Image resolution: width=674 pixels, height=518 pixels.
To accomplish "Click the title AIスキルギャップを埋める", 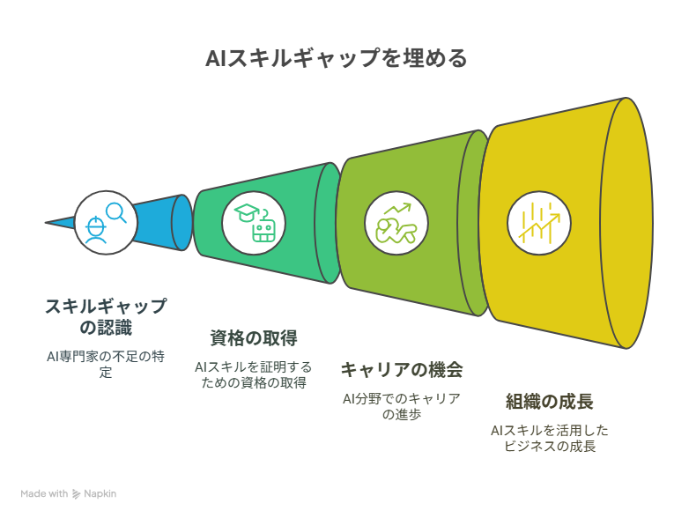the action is pyautogui.click(x=337, y=58).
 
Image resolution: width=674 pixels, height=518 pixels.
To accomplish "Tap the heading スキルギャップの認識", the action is pyautogui.click(x=106, y=317).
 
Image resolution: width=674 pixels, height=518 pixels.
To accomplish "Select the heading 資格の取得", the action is pyautogui.click(x=254, y=338).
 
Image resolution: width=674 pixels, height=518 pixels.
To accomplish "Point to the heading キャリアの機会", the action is pyautogui.click(x=402, y=370).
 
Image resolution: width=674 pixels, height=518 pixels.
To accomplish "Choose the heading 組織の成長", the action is pyautogui.click(x=550, y=402).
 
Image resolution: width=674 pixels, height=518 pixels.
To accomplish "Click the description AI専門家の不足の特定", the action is pyautogui.click(x=106, y=364).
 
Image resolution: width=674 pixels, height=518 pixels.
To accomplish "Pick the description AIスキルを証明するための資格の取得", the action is pyautogui.click(x=254, y=375).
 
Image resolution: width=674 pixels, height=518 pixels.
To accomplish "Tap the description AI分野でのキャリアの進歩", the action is pyautogui.click(x=402, y=406).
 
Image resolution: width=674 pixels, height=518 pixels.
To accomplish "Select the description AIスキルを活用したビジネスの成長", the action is pyautogui.click(x=550, y=438).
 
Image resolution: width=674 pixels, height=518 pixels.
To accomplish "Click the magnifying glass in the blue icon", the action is pyautogui.click(x=116, y=212).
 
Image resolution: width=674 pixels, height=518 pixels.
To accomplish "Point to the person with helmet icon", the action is pyautogui.click(x=95, y=230).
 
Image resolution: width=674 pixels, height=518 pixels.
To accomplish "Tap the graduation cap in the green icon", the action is pyautogui.click(x=247, y=213).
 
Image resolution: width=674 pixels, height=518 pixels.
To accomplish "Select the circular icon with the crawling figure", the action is pyautogui.click(x=396, y=223).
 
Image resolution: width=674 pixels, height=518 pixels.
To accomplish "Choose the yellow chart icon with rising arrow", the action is pyautogui.click(x=539, y=223).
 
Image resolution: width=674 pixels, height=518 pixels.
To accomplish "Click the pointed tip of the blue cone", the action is pyautogui.click(x=45, y=223).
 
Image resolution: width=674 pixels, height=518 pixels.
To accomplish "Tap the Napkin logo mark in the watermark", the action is pyautogui.click(x=76, y=494).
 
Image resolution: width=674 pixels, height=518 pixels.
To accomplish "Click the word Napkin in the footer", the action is pyautogui.click(x=100, y=494).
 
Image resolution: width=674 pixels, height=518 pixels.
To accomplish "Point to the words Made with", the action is pyautogui.click(x=44, y=493).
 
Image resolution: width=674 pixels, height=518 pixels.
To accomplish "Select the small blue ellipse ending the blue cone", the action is pyautogui.click(x=182, y=223).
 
